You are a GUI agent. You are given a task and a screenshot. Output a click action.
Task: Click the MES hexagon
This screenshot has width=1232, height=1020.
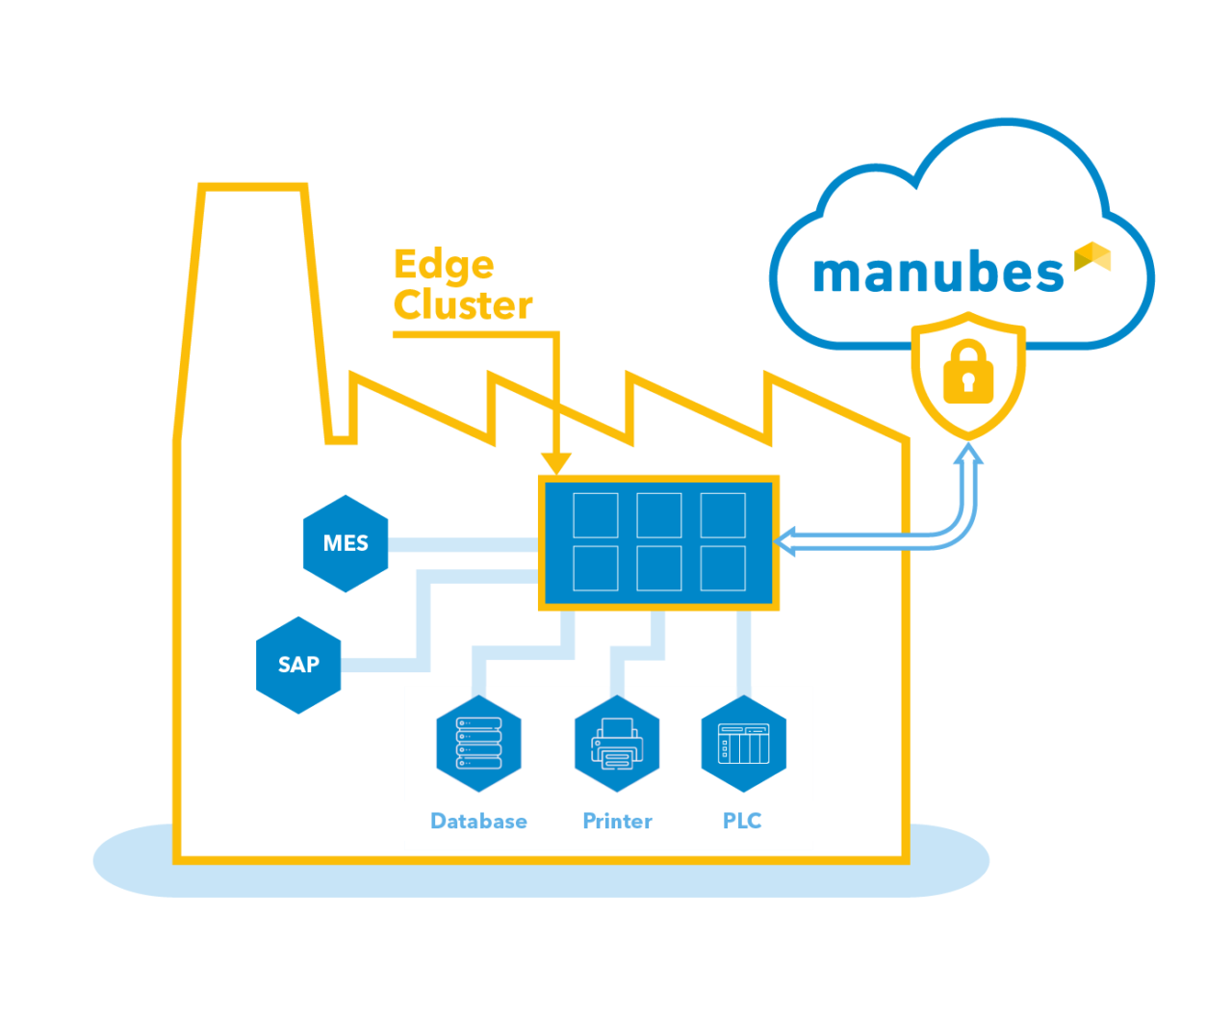click(346, 543)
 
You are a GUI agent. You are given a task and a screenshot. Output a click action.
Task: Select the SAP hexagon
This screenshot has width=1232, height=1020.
click(298, 665)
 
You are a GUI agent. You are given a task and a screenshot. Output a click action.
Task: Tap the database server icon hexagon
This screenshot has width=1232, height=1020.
click(478, 744)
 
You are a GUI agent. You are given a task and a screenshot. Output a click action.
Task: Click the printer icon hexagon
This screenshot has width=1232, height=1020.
click(617, 744)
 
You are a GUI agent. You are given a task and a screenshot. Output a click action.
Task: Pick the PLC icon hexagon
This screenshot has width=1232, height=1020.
click(743, 744)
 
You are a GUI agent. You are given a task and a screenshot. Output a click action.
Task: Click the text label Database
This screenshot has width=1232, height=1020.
click(478, 822)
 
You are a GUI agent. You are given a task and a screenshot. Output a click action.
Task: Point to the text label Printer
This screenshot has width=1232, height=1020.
click(617, 822)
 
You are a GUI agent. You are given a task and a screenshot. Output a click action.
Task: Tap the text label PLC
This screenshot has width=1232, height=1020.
click(742, 822)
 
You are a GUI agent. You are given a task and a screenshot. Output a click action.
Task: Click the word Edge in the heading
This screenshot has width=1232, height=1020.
click(444, 265)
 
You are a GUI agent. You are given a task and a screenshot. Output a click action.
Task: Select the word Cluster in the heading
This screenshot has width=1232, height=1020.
click(463, 305)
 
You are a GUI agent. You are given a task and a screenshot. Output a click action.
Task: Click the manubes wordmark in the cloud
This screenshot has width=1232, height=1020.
click(937, 274)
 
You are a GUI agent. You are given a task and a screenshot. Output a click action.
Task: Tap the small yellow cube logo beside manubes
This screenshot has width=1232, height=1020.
click(1092, 256)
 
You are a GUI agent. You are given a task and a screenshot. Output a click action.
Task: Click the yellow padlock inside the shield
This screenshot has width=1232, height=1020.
click(968, 371)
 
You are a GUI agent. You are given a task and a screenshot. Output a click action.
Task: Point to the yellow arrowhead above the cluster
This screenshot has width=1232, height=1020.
click(556, 463)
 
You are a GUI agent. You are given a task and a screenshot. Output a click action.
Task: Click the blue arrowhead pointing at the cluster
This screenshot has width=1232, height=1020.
click(785, 541)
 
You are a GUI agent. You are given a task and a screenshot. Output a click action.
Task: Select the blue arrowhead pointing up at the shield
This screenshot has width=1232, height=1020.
click(968, 454)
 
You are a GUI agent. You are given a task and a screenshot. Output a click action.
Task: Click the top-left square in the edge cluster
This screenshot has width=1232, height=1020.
click(595, 515)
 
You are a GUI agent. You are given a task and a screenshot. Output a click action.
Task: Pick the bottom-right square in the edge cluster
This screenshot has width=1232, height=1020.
click(722, 568)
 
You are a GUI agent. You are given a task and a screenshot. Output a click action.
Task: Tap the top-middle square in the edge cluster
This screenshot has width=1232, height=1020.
click(658, 515)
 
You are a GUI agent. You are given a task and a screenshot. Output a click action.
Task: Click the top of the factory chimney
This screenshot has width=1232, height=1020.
click(253, 187)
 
